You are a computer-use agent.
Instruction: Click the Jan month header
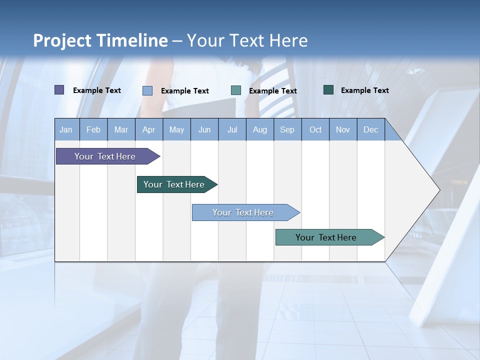(x=66, y=130)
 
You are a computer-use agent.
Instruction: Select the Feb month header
(x=93, y=130)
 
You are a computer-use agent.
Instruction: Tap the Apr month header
(x=149, y=130)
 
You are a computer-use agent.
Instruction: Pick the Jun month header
(x=204, y=130)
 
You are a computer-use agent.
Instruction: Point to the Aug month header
(x=260, y=130)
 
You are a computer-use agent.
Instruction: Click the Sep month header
(x=287, y=130)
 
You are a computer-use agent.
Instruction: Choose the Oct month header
(x=315, y=130)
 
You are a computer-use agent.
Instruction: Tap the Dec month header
(x=371, y=130)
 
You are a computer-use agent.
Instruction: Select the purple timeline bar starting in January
(x=105, y=156)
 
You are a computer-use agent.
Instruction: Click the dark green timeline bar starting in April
(x=174, y=184)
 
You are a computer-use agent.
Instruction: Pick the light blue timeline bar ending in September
(x=243, y=212)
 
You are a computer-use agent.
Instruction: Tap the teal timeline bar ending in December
(x=326, y=237)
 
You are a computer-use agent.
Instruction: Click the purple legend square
(x=59, y=90)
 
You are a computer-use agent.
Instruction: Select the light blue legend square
(x=147, y=90)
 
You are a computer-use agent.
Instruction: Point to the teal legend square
(x=236, y=90)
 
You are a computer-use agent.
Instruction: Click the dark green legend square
(x=328, y=90)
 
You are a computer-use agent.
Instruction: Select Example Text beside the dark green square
(x=364, y=90)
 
